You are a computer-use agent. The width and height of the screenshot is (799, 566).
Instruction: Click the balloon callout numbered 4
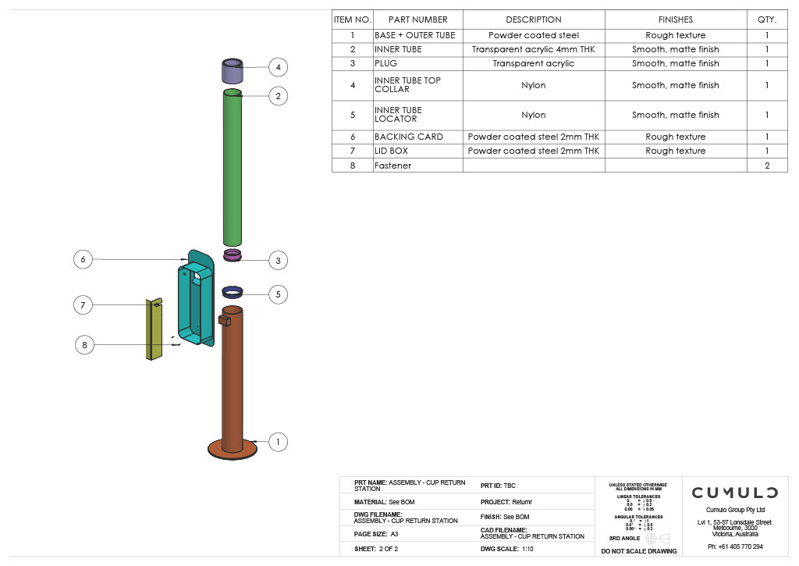tap(278, 67)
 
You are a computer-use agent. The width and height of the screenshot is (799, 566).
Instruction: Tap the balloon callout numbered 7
tap(83, 304)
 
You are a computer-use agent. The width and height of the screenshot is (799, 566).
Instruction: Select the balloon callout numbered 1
tap(277, 442)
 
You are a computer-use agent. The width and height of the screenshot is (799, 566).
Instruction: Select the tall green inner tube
tap(232, 168)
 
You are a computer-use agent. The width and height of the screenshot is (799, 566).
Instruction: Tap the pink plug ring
tap(233, 255)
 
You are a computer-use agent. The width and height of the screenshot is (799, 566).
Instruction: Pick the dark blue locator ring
tap(233, 292)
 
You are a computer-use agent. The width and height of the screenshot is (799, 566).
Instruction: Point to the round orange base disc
tap(232, 449)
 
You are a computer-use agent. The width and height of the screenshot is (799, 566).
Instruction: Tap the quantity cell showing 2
tap(766, 166)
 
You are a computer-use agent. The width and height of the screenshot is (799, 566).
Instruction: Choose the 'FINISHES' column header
tap(675, 20)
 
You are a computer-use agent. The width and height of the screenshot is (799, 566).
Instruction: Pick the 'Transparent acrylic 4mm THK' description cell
tap(533, 49)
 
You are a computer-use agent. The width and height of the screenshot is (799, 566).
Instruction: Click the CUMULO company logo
tap(734, 493)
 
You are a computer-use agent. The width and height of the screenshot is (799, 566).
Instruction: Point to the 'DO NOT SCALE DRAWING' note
tap(638, 551)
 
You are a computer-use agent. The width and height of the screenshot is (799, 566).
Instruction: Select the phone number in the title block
tap(735, 546)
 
